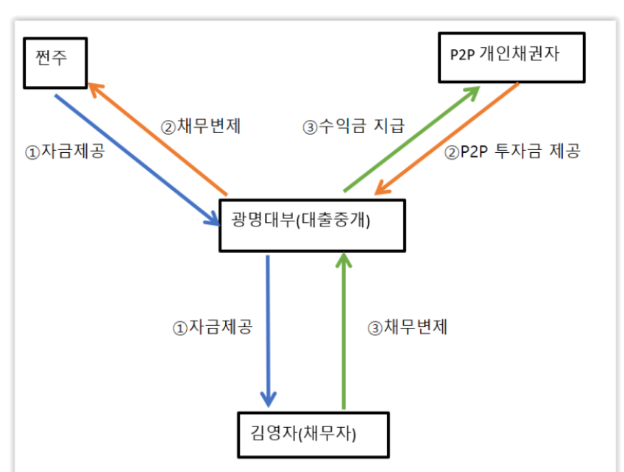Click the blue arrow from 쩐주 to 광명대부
click(x=138, y=160)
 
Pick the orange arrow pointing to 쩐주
click(x=157, y=139)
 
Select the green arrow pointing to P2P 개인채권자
click(x=412, y=139)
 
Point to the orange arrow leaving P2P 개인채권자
click(x=447, y=139)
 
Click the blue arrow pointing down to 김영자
click(x=269, y=332)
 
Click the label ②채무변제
click(x=201, y=126)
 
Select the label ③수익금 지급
click(x=354, y=126)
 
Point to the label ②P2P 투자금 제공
click(x=512, y=151)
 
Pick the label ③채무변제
click(x=408, y=327)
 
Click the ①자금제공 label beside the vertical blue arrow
click(x=213, y=327)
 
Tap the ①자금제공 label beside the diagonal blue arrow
click(x=65, y=151)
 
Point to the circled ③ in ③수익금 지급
click(x=310, y=128)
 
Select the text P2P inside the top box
click(x=462, y=54)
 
